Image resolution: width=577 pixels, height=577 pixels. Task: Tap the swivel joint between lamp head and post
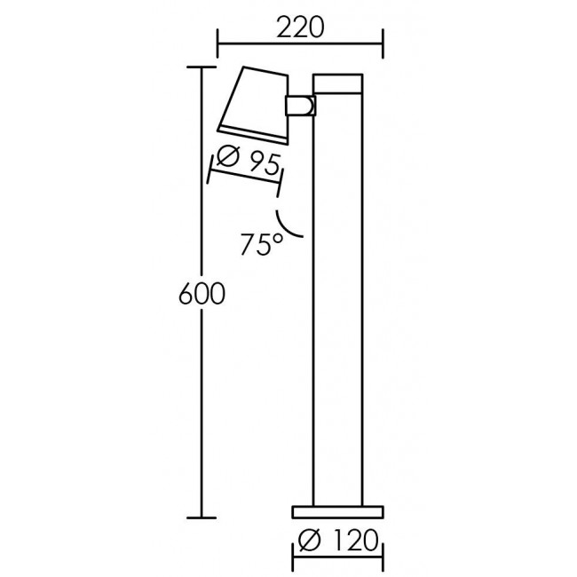299,106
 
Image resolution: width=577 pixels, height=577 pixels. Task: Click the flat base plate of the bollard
337,511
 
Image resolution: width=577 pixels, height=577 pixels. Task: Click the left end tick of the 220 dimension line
218,41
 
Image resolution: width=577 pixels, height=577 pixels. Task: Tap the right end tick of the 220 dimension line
383,41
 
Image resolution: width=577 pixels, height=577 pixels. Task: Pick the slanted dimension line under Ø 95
245,179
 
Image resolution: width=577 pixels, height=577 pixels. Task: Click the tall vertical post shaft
337,302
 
